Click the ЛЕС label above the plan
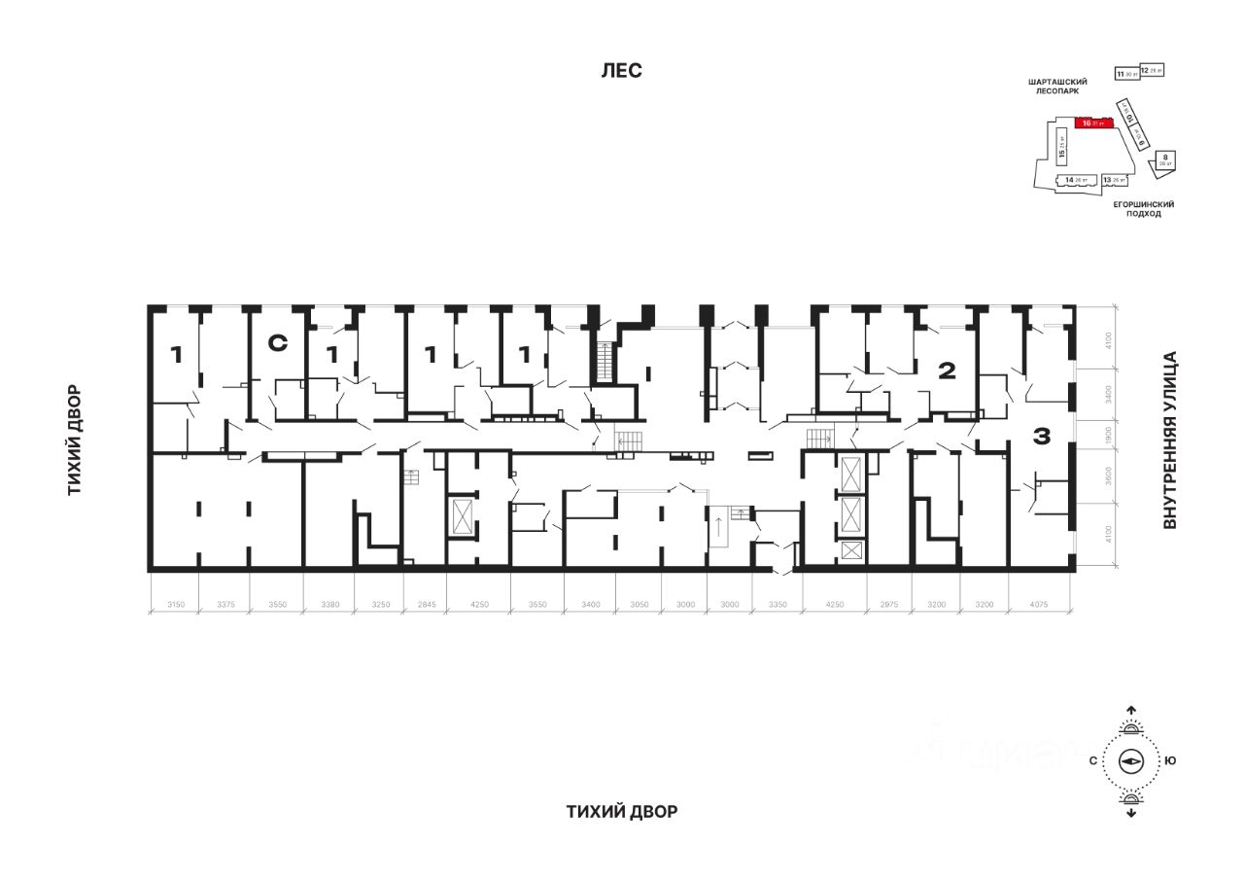(x=621, y=71)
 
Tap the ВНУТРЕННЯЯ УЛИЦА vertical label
(x=1170, y=440)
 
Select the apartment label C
(x=278, y=342)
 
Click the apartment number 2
(x=947, y=370)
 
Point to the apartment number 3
(x=1041, y=438)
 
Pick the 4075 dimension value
(x=1042, y=604)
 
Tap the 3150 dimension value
(x=175, y=604)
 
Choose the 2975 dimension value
(x=888, y=604)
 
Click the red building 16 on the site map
(x=1094, y=123)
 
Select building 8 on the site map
(x=1164, y=160)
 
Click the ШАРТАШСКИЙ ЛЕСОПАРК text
(x=1057, y=88)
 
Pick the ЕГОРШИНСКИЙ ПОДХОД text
(x=1144, y=209)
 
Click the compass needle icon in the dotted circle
(x=1131, y=761)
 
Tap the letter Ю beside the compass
(x=1170, y=761)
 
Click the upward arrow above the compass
(x=1131, y=711)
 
